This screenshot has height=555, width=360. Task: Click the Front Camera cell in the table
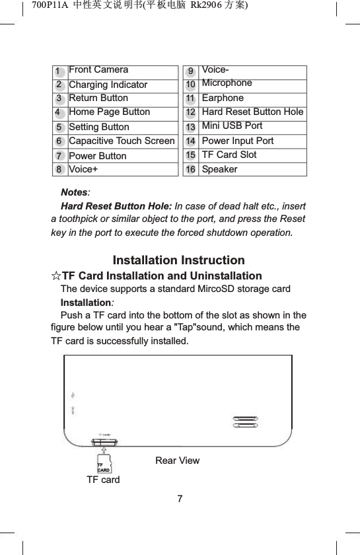point(98,69)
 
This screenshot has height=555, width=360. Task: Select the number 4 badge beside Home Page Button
point(59,112)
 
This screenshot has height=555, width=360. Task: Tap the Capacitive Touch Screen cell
point(122,141)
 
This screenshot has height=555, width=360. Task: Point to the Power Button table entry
point(97,156)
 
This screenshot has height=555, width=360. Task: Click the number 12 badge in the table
point(191,112)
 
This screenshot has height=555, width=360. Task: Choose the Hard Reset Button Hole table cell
point(252,112)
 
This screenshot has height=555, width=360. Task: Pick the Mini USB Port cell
point(232,126)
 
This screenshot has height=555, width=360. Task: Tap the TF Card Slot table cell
point(229,155)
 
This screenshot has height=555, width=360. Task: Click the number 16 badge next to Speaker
point(191,169)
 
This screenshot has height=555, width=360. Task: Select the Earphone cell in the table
point(223,98)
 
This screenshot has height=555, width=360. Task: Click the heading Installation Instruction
point(179,260)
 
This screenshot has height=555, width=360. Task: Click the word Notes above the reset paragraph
point(74,192)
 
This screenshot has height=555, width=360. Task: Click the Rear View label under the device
point(177,461)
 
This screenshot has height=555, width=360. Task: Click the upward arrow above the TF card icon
point(104,449)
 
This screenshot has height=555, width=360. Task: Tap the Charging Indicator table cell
point(108,85)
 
